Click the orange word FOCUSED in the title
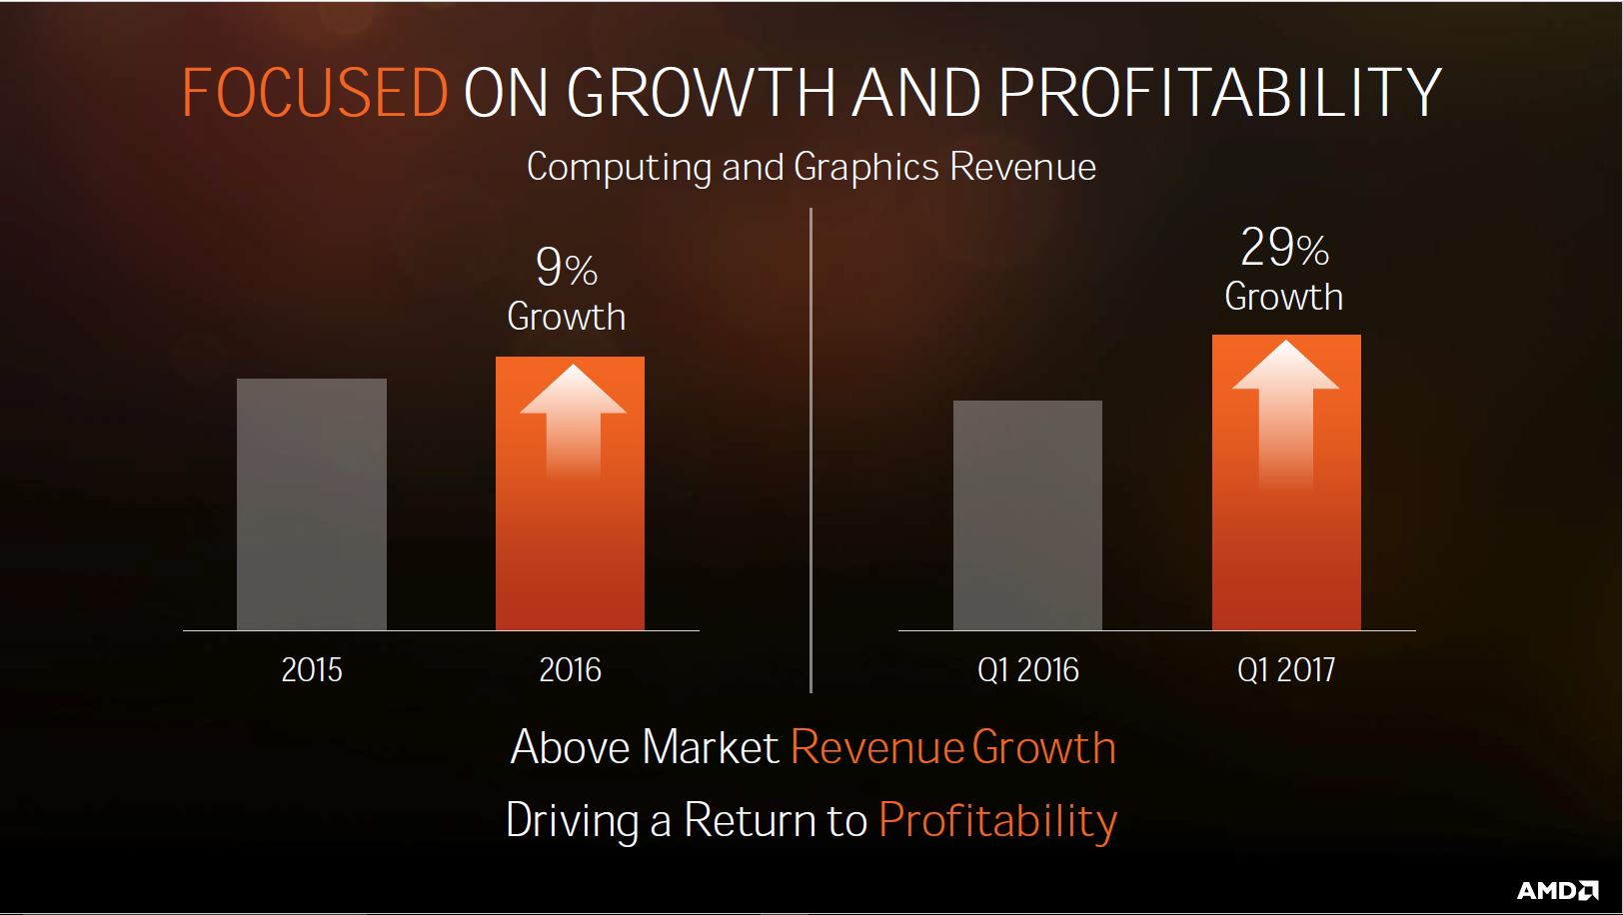pos(315,93)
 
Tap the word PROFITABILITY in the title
pos(1219,93)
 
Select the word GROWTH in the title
pos(701,93)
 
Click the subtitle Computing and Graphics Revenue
pos(811,168)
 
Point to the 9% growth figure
pos(567,268)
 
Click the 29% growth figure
pos(1284,248)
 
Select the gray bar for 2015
pos(312,504)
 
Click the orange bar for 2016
pos(571,493)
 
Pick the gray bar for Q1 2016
pos(1027,515)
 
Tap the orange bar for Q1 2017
pos(1287,482)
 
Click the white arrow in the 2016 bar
pos(573,421)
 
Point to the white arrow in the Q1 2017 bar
pos(1286,413)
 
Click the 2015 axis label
pos(312,670)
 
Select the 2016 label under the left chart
pos(571,670)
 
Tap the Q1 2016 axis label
pos(1028,670)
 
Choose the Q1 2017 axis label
pos(1286,670)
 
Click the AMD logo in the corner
pos(1558,890)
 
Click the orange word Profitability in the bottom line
pos(997,821)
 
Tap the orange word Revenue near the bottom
pos(876,747)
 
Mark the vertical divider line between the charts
pos(811,451)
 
